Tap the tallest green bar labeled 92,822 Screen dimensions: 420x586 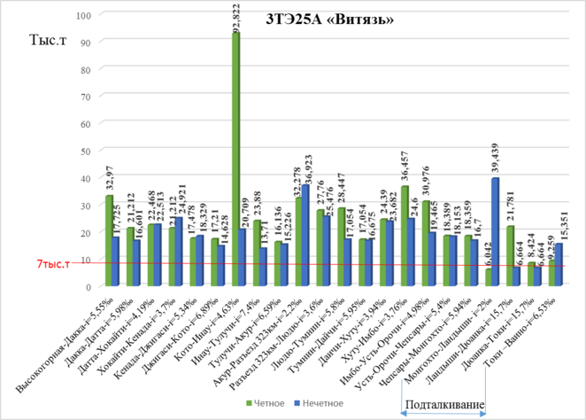(235, 159)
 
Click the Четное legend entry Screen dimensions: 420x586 (266, 404)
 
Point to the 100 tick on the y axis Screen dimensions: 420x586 (84, 15)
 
